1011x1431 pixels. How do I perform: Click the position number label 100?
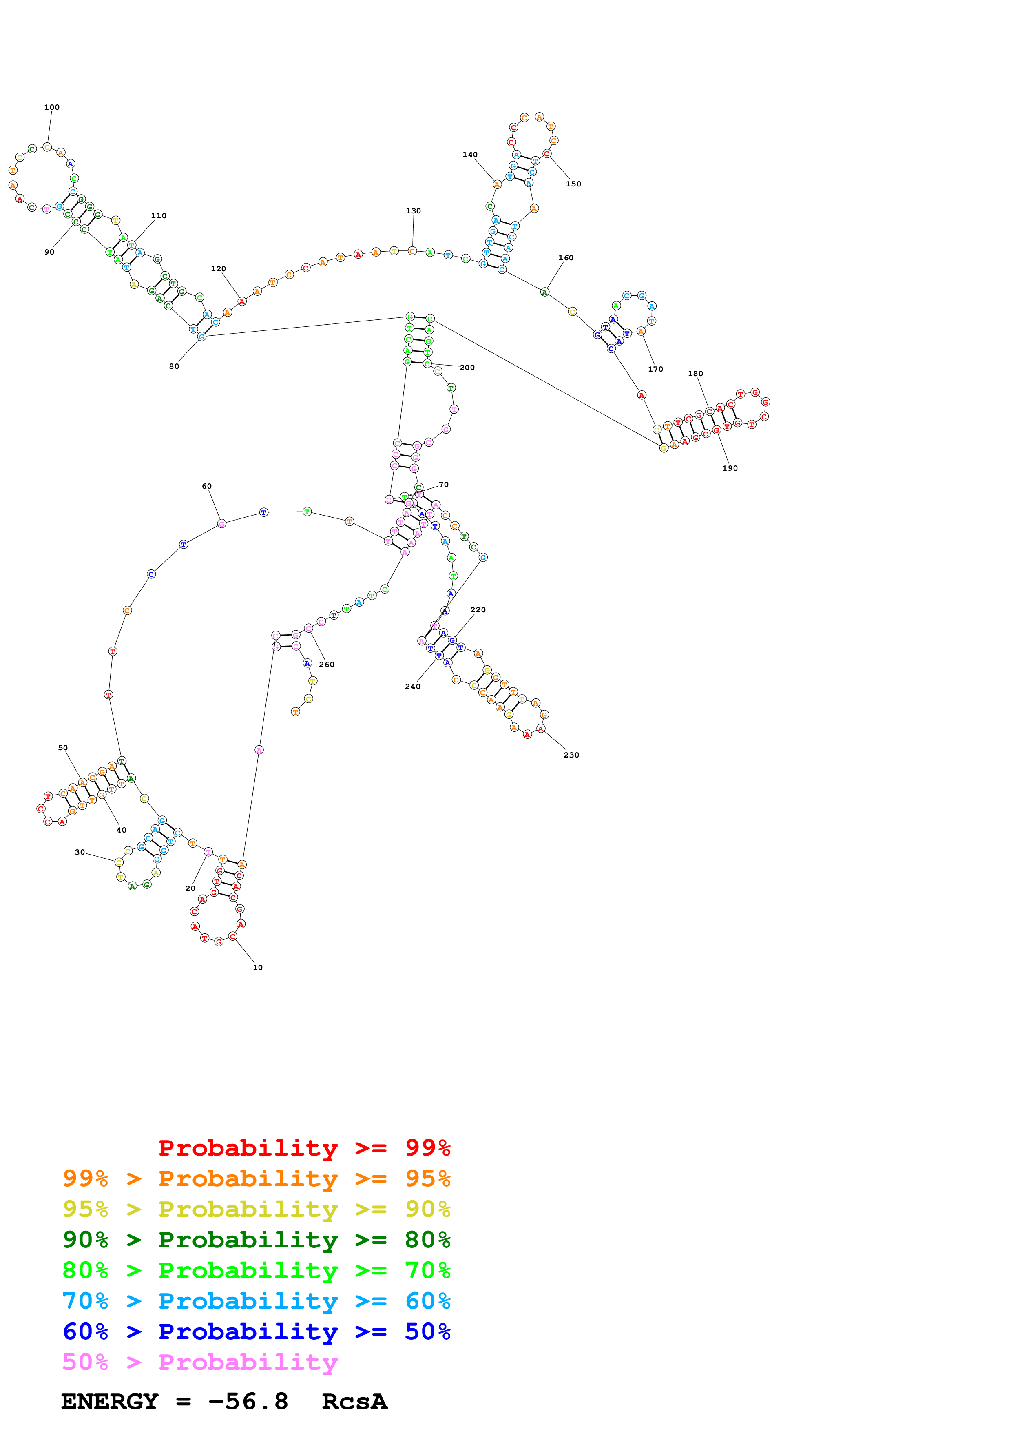52,107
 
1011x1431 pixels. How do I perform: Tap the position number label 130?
413,210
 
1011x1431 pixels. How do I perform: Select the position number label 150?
573,184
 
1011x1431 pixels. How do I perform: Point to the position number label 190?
730,468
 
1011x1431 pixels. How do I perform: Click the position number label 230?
571,755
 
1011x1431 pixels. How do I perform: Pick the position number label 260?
326,665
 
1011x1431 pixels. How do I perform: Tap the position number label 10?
257,967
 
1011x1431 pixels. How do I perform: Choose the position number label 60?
206,486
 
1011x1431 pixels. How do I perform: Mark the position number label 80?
174,366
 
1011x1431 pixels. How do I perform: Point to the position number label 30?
80,852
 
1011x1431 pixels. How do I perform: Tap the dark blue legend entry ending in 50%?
256,1331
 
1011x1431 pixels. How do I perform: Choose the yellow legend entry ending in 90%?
256,1209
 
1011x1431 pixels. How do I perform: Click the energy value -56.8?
248,1401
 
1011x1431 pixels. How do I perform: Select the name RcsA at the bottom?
354,1401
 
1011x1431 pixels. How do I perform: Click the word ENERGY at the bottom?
110,1401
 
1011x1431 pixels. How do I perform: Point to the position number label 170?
655,369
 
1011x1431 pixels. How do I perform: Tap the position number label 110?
158,216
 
